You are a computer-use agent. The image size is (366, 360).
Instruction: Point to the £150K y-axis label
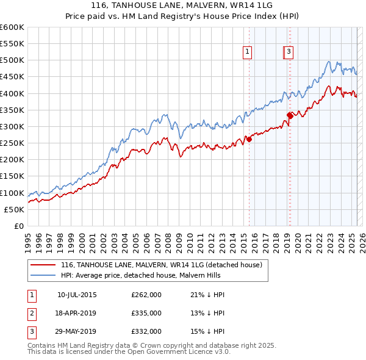[x=12, y=176]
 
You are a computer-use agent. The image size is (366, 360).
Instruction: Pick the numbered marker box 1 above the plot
[x=248, y=52]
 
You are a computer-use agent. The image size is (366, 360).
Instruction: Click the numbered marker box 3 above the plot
[x=289, y=52]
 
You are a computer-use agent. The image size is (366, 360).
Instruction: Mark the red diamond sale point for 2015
[x=249, y=139]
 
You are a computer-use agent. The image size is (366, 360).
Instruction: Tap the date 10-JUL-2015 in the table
[x=77, y=295]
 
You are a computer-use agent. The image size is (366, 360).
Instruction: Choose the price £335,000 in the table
[x=146, y=313]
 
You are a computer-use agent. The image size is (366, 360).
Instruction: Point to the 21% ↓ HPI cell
[x=207, y=295]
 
